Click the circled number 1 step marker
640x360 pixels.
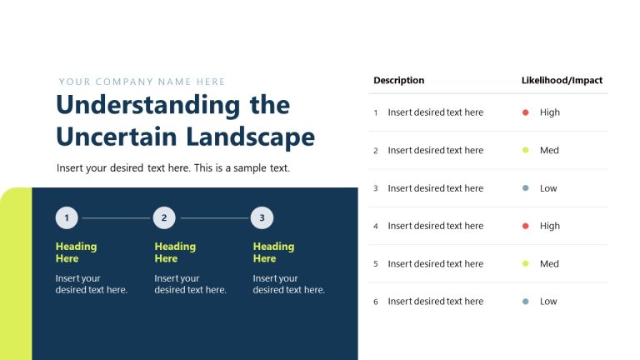(67, 218)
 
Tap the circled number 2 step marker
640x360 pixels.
(164, 218)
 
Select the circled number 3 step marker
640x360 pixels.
(262, 218)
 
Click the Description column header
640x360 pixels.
(398, 81)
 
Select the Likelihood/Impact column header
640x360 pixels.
(562, 81)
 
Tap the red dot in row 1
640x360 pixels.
(525, 112)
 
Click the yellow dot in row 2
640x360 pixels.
(525, 151)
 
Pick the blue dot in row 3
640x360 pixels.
(525, 188)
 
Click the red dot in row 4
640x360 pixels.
(525, 226)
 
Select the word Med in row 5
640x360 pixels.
(549, 264)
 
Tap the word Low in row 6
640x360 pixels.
(548, 302)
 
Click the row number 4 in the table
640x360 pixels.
(376, 227)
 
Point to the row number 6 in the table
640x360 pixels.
(376, 302)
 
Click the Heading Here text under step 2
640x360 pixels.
(175, 252)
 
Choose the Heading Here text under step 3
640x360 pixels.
(273, 252)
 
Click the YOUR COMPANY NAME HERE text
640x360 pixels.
(142, 82)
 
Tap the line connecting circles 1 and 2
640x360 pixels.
(116, 218)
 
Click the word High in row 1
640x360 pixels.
(550, 112)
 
